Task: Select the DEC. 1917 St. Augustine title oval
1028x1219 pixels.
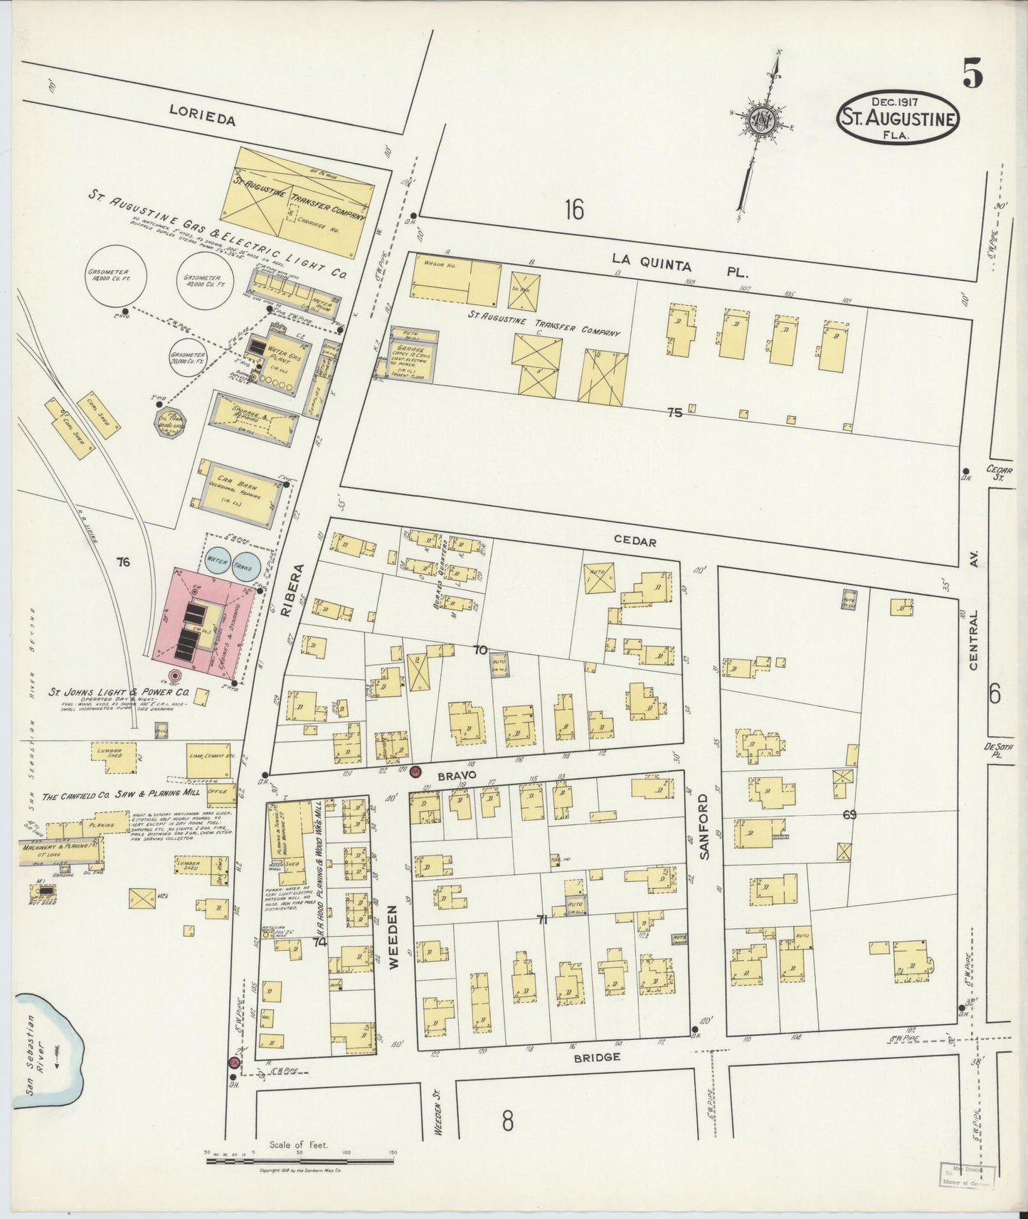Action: click(x=898, y=117)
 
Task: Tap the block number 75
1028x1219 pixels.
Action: click(x=674, y=412)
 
